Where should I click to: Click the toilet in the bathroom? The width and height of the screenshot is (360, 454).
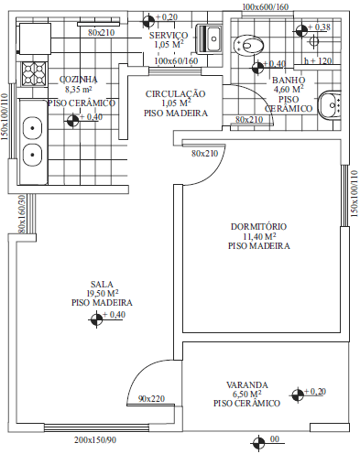coord(248,45)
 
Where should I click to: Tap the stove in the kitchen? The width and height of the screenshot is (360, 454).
coord(34,73)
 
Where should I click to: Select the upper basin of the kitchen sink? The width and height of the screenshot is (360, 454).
coord(32,128)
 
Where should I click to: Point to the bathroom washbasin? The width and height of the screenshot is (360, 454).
coord(329,105)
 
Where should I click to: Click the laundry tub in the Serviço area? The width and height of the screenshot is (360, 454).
coord(210,38)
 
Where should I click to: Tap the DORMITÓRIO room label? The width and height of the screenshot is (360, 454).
coord(258,227)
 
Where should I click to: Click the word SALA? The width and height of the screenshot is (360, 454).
coord(102,284)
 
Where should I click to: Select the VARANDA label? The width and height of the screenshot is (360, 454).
coord(247,384)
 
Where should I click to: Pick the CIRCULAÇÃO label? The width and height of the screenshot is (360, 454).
coord(175,94)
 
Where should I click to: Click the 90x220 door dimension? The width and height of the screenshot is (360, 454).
coord(151,398)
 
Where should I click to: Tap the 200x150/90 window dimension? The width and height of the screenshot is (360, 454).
coord(95,440)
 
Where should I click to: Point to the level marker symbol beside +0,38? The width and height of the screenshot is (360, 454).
coord(301,30)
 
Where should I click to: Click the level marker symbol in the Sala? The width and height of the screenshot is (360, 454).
coord(96,319)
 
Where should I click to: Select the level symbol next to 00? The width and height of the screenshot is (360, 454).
coord(258,442)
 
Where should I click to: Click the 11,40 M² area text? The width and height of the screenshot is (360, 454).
coord(259,236)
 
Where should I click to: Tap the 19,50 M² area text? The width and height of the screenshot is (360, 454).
coord(103,293)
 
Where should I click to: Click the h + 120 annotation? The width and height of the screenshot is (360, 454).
coord(318,60)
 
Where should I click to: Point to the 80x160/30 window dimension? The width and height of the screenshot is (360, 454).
coord(22,214)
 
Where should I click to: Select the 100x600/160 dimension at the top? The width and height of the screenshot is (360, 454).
coord(266,6)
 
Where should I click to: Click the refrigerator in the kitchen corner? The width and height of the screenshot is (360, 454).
coord(35,38)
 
